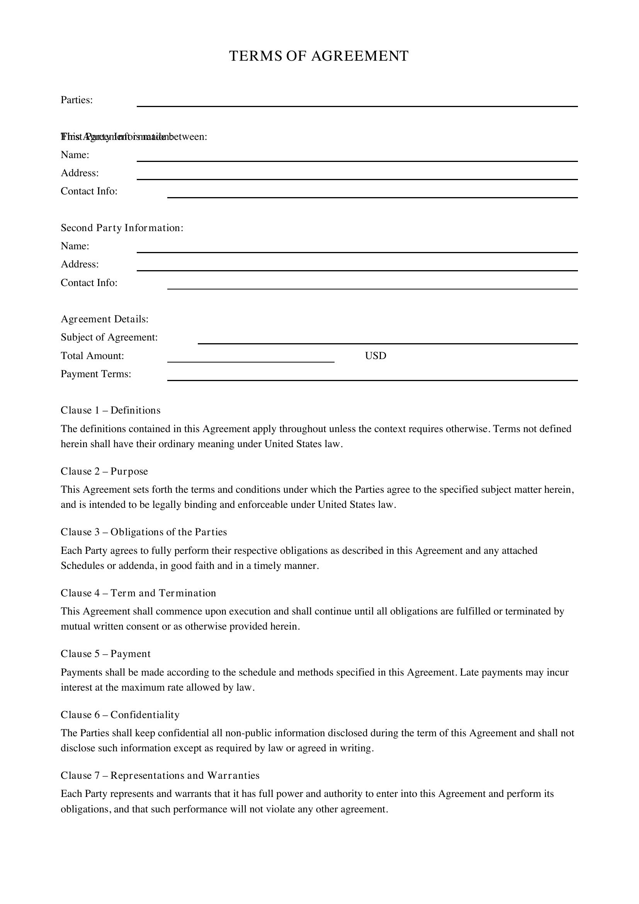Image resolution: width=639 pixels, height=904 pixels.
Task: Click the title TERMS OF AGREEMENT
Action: click(319, 56)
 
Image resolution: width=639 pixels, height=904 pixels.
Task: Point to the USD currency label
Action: click(376, 356)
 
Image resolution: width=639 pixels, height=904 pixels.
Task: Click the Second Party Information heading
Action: click(122, 228)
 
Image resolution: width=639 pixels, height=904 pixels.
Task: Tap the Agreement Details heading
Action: click(105, 319)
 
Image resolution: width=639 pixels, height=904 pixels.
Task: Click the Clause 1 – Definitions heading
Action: click(110, 411)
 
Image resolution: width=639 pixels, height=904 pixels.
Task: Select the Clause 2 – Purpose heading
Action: click(104, 472)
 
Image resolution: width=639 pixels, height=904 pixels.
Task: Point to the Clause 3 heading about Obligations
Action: click(144, 532)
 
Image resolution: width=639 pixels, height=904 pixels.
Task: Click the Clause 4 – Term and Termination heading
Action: click(139, 593)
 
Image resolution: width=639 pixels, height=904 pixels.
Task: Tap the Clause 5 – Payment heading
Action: click(105, 654)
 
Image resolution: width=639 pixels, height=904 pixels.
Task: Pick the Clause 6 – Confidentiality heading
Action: click(120, 715)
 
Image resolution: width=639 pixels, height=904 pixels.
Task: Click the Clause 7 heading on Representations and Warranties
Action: click(160, 776)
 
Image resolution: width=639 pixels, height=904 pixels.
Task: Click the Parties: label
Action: click(77, 100)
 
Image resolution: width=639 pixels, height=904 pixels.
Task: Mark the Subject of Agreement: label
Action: click(109, 337)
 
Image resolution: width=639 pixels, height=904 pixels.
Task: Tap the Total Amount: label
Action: click(92, 356)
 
